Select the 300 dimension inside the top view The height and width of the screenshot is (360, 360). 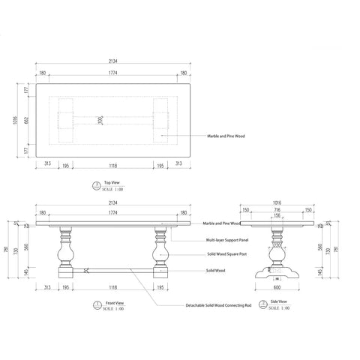[100, 118]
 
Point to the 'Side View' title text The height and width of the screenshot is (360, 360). [278, 302]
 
